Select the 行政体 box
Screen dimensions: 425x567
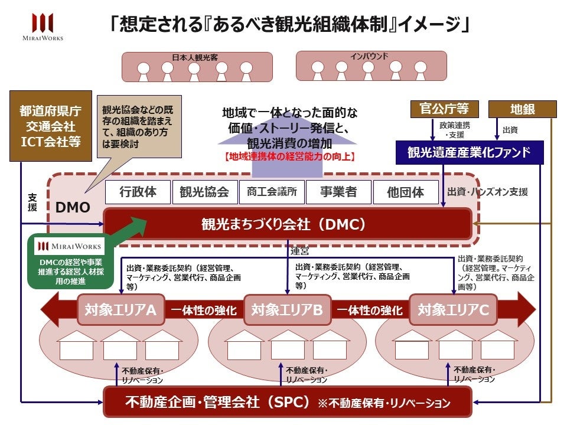[x=138, y=192]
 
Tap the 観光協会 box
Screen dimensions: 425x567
[x=204, y=192]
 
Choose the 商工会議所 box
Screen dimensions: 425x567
[x=272, y=192]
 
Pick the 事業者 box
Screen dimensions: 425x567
[x=338, y=192]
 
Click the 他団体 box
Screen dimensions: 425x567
[x=406, y=192]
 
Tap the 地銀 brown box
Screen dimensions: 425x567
[x=523, y=109]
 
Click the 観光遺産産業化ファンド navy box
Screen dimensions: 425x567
[x=476, y=153]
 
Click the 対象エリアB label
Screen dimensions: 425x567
[x=287, y=309]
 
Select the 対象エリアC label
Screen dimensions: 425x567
[x=453, y=309]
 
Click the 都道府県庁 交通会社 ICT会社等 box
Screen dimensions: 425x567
[x=50, y=126]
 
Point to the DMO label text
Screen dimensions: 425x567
[x=73, y=208]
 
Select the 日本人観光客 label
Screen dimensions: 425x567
[x=194, y=57]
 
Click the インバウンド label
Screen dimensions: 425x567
[x=369, y=56]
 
